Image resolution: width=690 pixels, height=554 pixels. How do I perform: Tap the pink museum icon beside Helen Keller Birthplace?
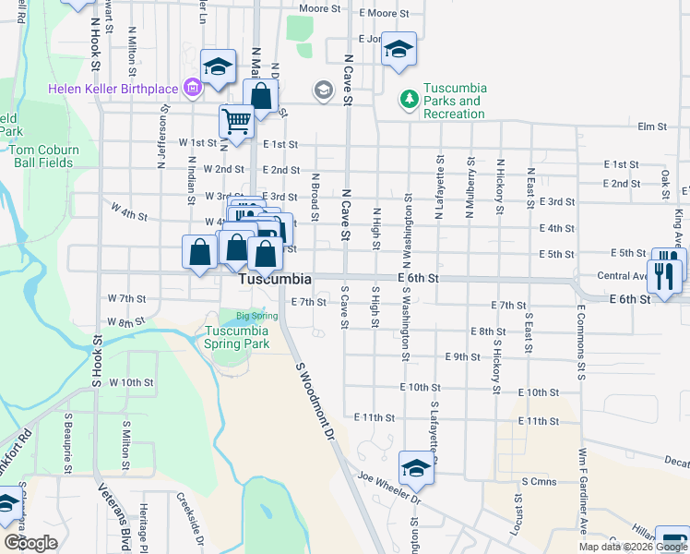click(193, 89)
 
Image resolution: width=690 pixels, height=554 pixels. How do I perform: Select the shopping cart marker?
click(237, 121)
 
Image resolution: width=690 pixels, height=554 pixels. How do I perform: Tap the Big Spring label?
click(256, 316)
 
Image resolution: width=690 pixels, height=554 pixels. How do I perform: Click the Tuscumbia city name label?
click(275, 279)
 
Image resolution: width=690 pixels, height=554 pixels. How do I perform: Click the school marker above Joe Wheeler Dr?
click(416, 469)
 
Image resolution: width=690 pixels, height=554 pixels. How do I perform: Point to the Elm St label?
click(651, 126)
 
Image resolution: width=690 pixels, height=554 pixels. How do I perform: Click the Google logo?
click(30, 543)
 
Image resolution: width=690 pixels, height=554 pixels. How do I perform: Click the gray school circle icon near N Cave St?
click(323, 90)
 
